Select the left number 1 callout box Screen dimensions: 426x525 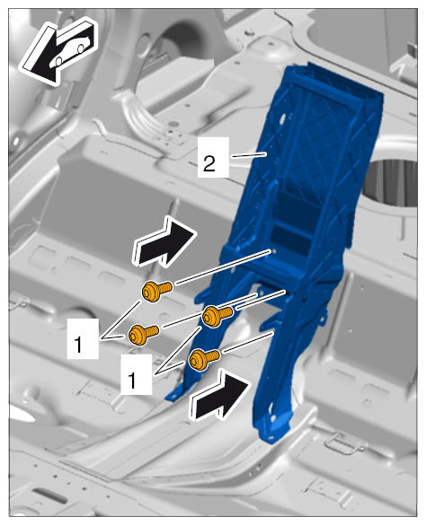click(x=83, y=339)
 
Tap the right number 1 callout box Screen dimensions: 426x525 click(x=137, y=374)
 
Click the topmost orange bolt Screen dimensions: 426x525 click(x=157, y=290)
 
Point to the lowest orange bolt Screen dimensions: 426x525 click(x=204, y=359)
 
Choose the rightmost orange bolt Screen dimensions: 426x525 click(x=217, y=315)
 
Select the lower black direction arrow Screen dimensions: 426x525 click(x=219, y=395)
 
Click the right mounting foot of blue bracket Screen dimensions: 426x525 click(x=271, y=429)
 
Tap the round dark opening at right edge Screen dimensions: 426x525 click(x=392, y=182)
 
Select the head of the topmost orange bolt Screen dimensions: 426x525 click(x=149, y=292)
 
